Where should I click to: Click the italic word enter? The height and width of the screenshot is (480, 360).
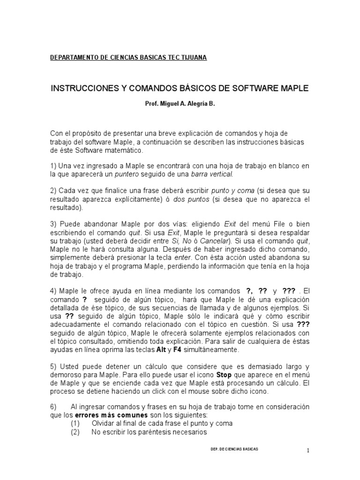coord(181,258)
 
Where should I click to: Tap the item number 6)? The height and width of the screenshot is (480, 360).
coord(53,407)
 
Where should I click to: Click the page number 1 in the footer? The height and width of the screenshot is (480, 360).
coord(308,451)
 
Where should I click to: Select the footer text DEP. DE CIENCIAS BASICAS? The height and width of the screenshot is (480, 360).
coord(235,449)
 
